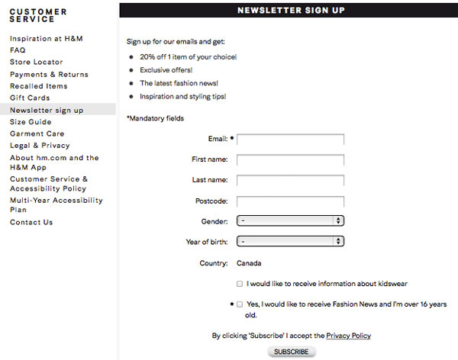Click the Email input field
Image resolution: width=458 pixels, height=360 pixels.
tap(290, 140)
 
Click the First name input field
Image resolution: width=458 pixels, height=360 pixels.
tap(290, 160)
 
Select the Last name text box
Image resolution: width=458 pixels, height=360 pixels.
tap(290, 181)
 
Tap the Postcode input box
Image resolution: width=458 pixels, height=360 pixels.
tap(290, 201)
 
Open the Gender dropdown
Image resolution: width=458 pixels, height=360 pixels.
tap(290, 221)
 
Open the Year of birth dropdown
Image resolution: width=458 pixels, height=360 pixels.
tap(290, 242)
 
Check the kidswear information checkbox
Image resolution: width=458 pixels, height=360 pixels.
tap(240, 284)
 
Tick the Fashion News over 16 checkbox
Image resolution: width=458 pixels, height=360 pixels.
tap(240, 304)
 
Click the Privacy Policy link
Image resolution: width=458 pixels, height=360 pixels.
tap(348, 336)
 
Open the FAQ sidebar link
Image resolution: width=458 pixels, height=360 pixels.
tap(18, 50)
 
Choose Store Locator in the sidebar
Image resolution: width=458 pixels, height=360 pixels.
tap(37, 63)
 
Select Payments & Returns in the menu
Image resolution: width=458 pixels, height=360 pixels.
tap(49, 75)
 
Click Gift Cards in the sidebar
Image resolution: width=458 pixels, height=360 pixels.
tap(30, 98)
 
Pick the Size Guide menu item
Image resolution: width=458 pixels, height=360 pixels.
tap(31, 122)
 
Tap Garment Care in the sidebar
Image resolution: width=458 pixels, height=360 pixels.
tap(37, 134)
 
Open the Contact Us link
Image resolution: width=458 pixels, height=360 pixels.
tap(31, 223)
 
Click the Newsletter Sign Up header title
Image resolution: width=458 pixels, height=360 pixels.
tap(291, 10)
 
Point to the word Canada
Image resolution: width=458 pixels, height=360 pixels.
tap(249, 263)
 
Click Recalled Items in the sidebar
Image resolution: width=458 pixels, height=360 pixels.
tap(38, 86)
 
